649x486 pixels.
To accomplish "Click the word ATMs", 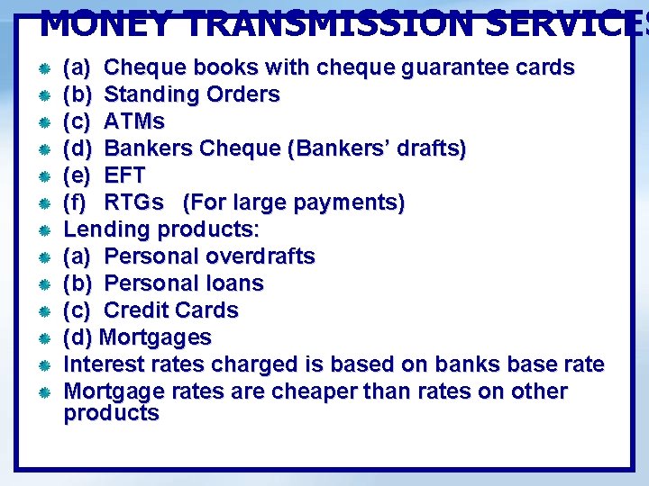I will click(x=134, y=121).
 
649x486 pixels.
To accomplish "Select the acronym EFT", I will click(x=124, y=175).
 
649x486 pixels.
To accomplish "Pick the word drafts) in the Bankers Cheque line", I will click(x=431, y=148).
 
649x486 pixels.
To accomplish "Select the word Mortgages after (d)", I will click(x=155, y=337).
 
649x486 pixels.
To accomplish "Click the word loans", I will click(x=233, y=283).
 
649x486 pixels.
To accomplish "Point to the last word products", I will click(x=111, y=414).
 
